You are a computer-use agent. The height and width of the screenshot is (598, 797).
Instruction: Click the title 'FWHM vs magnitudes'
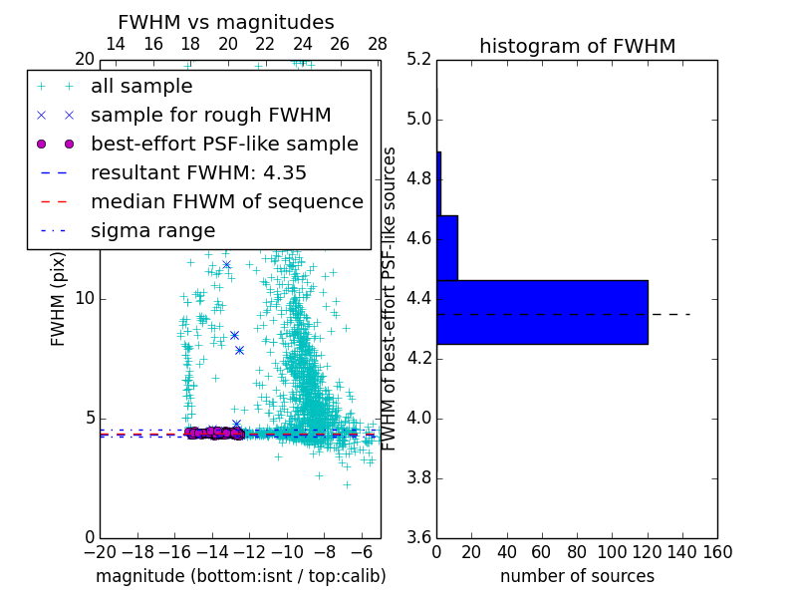pos(226,22)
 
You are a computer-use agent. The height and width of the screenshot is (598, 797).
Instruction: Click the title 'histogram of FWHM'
pos(577,46)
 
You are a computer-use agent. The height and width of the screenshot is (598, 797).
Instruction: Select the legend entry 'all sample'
pos(141,87)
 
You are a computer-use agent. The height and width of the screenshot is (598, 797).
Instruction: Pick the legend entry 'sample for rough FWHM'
pos(210,115)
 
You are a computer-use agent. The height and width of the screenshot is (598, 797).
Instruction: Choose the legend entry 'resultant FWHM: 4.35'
pos(198,172)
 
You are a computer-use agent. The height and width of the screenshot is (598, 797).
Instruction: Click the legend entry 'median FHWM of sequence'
pos(226,201)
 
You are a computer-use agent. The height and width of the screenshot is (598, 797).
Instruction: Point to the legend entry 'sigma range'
pos(152,230)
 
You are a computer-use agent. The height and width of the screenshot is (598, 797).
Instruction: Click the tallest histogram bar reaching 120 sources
pos(542,312)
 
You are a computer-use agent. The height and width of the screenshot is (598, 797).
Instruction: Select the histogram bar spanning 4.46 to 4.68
pos(447,248)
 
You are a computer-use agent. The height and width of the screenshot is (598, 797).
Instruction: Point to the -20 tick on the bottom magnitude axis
pos(100,552)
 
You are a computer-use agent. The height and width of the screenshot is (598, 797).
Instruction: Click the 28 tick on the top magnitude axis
pos(378,44)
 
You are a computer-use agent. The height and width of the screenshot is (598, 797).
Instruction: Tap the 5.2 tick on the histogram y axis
pos(417,60)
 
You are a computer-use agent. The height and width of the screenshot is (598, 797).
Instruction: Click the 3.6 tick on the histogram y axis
pos(417,536)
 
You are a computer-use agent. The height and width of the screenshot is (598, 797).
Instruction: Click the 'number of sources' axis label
pos(577,576)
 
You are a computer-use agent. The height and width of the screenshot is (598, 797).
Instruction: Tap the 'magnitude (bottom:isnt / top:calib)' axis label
pos(240,576)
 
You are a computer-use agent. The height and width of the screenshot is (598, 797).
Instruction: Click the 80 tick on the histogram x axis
pos(577,552)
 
